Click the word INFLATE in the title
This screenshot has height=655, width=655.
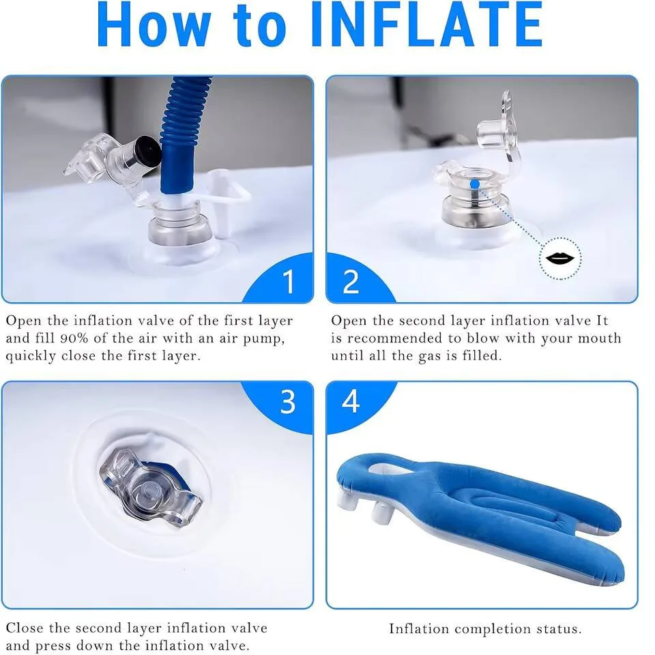(x=425, y=26)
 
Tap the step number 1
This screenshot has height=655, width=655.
(x=289, y=281)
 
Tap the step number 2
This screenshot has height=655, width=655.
(x=351, y=281)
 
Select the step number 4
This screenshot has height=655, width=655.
(x=351, y=403)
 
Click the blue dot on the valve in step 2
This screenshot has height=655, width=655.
(x=474, y=184)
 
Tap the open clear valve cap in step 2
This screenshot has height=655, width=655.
(x=497, y=130)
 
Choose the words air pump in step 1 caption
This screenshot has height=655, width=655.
(x=253, y=338)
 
